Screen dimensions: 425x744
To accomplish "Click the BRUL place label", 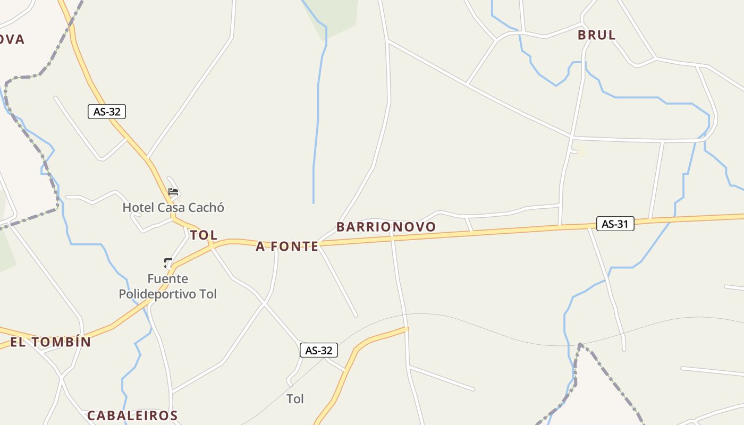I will coord(596,35).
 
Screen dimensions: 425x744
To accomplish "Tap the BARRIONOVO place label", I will coord(386,227).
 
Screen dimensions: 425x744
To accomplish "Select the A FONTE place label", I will coord(287,246).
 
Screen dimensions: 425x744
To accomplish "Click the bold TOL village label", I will coord(204,235).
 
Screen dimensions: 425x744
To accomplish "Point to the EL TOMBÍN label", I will coord(50,342).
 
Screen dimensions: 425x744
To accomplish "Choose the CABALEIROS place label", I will coord(132,415).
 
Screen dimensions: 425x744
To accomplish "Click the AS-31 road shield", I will coord(615,224).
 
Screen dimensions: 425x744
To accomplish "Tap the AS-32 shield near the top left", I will coord(107,112).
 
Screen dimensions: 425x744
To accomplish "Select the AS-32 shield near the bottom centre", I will coord(319,351).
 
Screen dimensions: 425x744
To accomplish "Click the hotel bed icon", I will coord(173,192).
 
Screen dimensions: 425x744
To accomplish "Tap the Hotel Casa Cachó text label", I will coord(173,207).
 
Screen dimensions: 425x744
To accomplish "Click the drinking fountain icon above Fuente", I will coord(168,262).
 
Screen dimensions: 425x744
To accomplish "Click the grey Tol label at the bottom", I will coord(295,399).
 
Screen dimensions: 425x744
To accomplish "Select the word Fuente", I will coord(167,279).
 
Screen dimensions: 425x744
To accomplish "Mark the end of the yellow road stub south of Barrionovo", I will coord(407,329).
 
